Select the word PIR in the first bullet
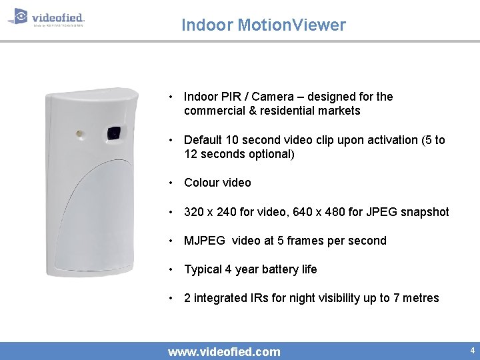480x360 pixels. [x=227, y=97]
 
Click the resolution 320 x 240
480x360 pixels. [x=213, y=212]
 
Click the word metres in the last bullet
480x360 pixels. [x=421, y=298]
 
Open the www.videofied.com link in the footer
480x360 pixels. [x=224, y=351]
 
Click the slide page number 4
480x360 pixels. [x=472, y=351]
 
